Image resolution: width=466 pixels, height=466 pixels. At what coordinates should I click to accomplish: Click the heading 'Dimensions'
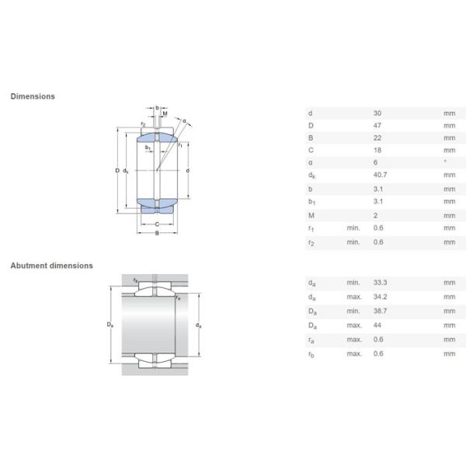(x=33, y=96)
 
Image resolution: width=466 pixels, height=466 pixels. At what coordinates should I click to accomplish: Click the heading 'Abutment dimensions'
(x=51, y=266)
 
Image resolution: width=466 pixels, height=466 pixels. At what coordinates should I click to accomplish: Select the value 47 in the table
(x=377, y=125)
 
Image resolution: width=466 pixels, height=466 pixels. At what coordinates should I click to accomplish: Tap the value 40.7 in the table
(x=381, y=176)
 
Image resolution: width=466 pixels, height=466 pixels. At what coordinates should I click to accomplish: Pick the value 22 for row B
(x=377, y=137)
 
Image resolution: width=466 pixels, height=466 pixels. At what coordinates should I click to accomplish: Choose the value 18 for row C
(x=377, y=150)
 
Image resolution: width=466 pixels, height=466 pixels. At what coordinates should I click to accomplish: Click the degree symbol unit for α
(x=445, y=162)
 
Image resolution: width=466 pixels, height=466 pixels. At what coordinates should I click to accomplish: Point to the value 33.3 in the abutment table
(x=381, y=283)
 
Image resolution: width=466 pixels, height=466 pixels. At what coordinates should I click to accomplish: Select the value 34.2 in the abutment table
(x=381, y=296)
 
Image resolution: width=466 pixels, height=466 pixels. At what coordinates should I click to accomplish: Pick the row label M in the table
(x=311, y=215)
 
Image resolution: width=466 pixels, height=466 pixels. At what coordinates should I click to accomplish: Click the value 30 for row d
(x=377, y=113)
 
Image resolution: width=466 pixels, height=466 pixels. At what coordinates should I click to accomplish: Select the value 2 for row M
(x=376, y=215)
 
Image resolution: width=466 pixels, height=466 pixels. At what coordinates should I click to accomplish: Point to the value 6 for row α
(x=376, y=162)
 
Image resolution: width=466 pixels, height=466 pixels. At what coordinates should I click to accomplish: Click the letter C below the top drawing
(x=156, y=224)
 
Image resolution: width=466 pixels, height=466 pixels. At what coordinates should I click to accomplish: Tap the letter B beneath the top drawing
(x=156, y=233)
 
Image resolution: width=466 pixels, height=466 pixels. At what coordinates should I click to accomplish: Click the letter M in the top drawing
(x=165, y=114)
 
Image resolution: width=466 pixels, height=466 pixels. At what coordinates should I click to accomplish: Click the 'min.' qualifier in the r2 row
(x=353, y=242)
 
